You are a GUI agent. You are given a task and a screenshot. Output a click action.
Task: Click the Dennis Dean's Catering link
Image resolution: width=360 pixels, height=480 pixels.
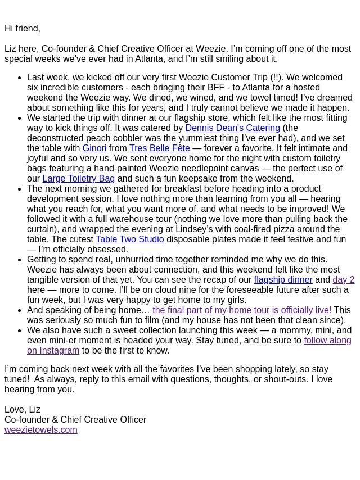[x=232, y=128]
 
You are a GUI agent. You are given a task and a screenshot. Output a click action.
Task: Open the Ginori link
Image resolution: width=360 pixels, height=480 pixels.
[x=94, y=148]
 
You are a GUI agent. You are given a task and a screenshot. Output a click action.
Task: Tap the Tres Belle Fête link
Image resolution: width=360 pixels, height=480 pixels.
[x=159, y=148]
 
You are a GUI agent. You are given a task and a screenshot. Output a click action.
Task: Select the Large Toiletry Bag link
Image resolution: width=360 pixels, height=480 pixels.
[x=78, y=178]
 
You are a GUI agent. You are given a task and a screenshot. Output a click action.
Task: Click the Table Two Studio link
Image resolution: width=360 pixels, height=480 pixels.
[x=129, y=239]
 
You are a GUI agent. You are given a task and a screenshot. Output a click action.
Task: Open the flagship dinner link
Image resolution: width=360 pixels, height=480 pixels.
[x=283, y=279]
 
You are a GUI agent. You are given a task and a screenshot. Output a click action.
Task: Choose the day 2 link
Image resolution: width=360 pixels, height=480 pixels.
[x=343, y=279]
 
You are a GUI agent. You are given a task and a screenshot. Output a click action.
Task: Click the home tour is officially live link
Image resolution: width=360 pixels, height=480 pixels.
[x=242, y=310]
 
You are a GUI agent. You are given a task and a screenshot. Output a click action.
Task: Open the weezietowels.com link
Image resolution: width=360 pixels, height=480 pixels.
[x=41, y=429]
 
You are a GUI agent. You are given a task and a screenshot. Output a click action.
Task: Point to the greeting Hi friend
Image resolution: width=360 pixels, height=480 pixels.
[x=22, y=28]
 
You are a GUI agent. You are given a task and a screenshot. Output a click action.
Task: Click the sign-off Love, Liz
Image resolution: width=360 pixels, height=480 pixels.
[x=22, y=409]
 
